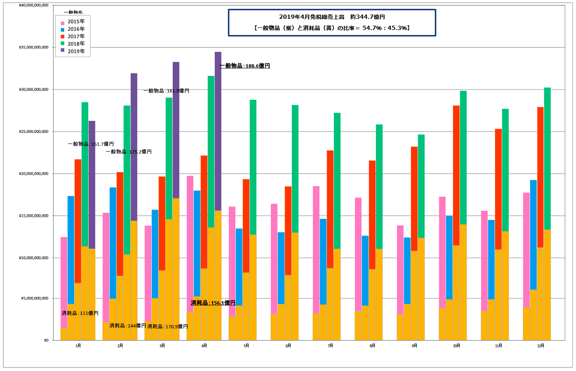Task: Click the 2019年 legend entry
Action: coord(76,51)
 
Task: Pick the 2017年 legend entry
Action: coord(76,36)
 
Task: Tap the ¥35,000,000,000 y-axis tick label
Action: coord(34,48)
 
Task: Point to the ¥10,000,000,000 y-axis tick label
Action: coord(34,258)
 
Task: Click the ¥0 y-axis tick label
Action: coord(45,341)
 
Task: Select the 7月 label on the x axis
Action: coord(330,345)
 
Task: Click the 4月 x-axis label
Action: coord(204,345)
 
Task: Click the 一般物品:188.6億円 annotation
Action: coord(245,66)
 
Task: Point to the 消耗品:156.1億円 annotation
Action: coord(213,302)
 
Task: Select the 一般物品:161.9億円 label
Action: coord(166,91)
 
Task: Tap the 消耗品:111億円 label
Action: coord(80,313)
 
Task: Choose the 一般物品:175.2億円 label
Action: coord(129,152)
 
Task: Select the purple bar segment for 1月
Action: coord(92,184)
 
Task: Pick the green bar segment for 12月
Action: coord(547,159)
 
